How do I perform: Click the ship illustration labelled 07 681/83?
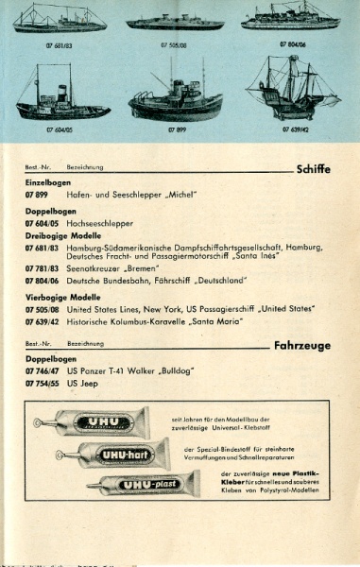point(58,19)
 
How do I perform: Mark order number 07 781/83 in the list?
point(43,268)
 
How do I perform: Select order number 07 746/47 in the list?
point(43,372)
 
